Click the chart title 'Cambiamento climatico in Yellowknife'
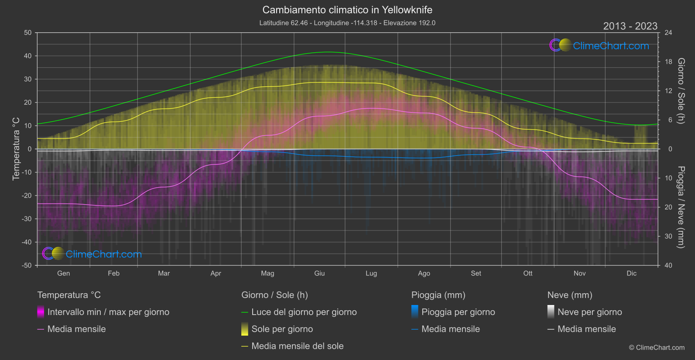[347, 10]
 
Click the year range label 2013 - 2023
[630, 26]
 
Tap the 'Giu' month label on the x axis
[319, 273]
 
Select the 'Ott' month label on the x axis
[528, 273]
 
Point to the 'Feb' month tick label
[113, 273]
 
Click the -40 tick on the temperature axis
[27, 242]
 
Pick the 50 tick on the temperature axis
[28, 33]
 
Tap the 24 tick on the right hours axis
[668, 33]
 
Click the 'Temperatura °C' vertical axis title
[16, 149]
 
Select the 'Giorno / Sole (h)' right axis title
[681, 91]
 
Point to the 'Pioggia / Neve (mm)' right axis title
[681, 207]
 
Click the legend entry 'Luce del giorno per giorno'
[304, 312]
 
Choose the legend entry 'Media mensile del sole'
[297, 346]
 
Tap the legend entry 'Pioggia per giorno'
[458, 312]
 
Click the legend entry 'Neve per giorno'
[589, 312]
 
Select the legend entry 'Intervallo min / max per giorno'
[108, 312]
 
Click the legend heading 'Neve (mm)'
[570, 295]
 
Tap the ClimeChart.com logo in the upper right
[599, 45]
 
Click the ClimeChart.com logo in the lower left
[92, 254]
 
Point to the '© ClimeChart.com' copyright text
[657, 348]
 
